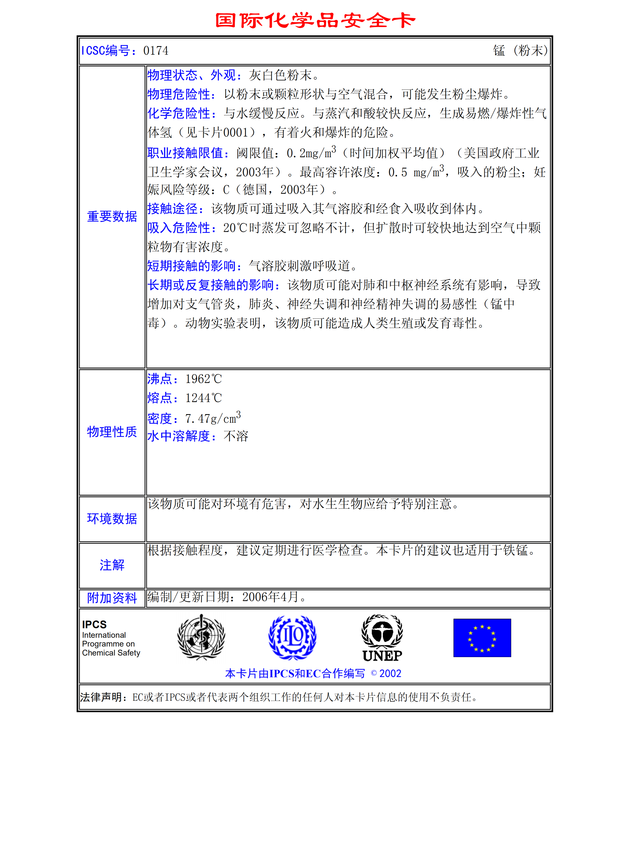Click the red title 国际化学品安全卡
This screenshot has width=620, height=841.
click(x=315, y=20)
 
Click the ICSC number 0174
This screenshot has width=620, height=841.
click(x=156, y=51)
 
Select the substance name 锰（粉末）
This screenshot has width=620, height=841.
click(x=520, y=50)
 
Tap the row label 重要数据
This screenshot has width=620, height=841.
click(x=112, y=217)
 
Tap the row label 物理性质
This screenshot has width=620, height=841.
click(x=112, y=432)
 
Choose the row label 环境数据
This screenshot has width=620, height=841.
click(x=112, y=519)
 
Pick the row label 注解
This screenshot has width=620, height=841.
click(x=112, y=565)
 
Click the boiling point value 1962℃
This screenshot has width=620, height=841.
click(x=203, y=379)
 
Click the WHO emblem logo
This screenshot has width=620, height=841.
click(x=201, y=638)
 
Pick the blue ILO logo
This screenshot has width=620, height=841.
click(x=292, y=638)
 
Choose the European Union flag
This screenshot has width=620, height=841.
click(x=482, y=638)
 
